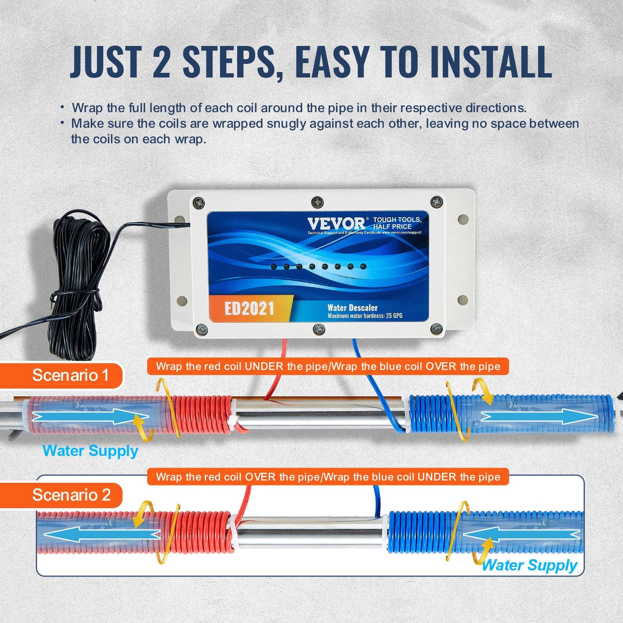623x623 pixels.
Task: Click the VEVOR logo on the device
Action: (x=336, y=224)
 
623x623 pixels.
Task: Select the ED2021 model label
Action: (x=249, y=308)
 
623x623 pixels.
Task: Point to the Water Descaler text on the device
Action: (x=352, y=307)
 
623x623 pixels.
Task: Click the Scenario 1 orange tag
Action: (x=70, y=375)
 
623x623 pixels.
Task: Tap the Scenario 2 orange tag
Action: (x=71, y=495)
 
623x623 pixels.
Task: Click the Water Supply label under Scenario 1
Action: (x=90, y=451)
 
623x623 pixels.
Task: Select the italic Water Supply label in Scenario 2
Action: (x=529, y=565)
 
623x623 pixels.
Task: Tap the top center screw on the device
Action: (x=317, y=201)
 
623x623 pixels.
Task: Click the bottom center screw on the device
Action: (x=319, y=329)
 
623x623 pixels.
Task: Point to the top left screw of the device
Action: (x=198, y=203)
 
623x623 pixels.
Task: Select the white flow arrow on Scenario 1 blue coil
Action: (x=539, y=416)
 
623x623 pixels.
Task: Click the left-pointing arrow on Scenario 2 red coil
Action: (x=102, y=535)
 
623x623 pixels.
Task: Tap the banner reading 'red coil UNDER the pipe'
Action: (x=328, y=366)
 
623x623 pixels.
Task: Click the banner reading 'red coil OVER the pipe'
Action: (x=328, y=477)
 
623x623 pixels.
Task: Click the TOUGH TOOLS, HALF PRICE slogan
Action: (x=397, y=223)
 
